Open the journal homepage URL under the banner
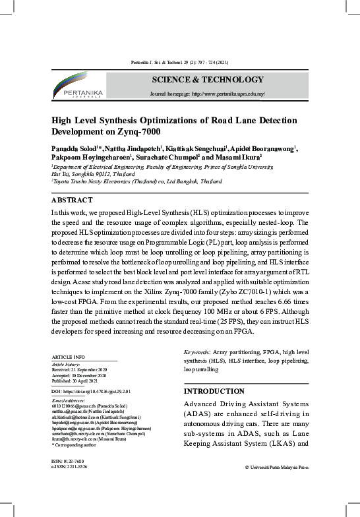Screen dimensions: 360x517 tap(208, 95)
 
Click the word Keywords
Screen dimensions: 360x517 tap(198, 353)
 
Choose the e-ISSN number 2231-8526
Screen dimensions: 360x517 tap(69, 467)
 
